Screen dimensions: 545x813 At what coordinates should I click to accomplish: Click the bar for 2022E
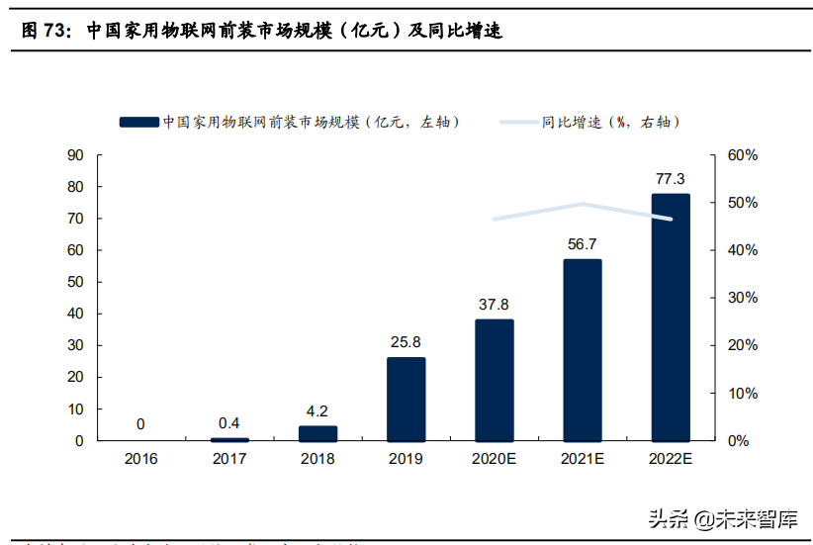click(670, 318)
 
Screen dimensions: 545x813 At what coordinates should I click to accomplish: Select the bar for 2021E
click(582, 350)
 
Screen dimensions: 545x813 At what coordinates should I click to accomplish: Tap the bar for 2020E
click(494, 380)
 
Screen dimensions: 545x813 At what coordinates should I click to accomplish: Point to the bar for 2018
click(317, 433)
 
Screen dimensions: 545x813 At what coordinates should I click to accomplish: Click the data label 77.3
click(670, 179)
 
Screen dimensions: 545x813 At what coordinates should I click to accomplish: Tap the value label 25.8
click(406, 342)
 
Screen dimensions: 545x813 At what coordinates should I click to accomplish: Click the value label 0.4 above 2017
click(229, 423)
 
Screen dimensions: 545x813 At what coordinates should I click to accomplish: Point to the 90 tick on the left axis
click(74, 155)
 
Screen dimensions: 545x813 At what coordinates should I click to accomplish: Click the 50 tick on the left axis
click(74, 282)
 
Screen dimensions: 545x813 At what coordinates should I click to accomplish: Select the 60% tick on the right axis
click(742, 155)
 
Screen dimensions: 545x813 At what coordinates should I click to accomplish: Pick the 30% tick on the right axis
click(742, 298)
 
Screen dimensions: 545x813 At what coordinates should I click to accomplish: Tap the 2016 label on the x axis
click(140, 459)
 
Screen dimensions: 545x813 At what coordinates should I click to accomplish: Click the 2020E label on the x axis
click(494, 459)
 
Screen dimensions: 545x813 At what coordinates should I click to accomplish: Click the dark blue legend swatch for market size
click(138, 122)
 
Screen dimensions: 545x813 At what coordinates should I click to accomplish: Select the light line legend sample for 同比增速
click(519, 122)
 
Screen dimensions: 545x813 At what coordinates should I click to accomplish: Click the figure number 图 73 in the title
click(45, 31)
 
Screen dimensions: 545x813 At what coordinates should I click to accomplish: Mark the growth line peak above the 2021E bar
click(582, 204)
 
